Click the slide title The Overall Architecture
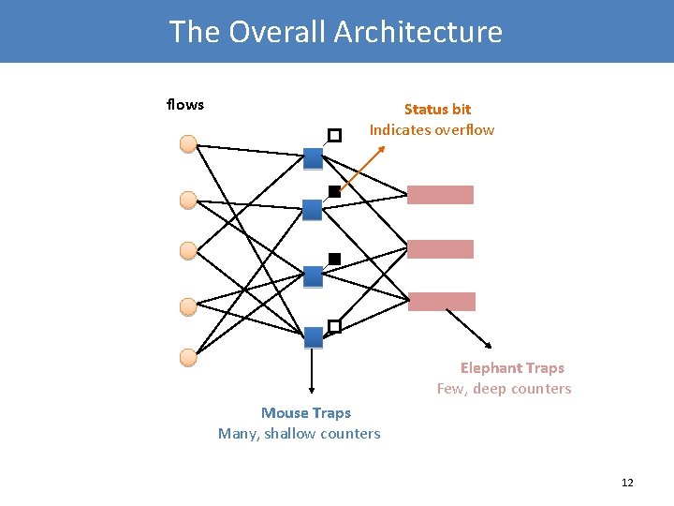[335, 32]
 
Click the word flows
[184, 104]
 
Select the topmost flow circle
[188, 144]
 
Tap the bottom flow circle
[188, 357]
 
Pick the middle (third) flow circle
[188, 250]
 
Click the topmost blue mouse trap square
[313, 158]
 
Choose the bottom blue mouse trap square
[313, 336]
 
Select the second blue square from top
[313, 210]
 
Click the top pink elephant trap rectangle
[440, 195]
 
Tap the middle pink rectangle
[440, 249]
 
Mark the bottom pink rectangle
[441, 302]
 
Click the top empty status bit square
[334, 135]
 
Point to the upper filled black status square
[334, 191]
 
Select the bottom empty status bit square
[334, 326]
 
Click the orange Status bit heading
[437, 110]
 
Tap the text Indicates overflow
[432, 129]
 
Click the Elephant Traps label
[512, 368]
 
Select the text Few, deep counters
[504, 389]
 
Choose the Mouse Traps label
[306, 412]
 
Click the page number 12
[627, 483]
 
